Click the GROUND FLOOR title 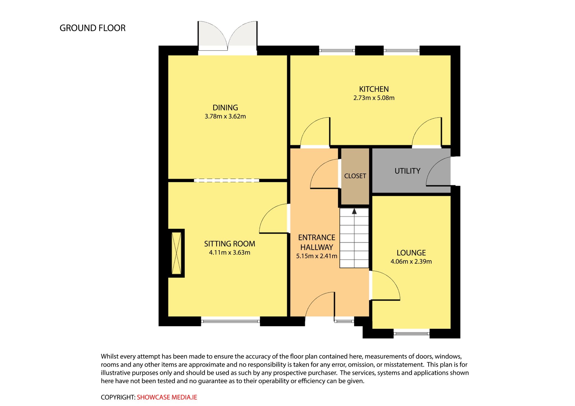pos(92,28)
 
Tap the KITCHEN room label pos(374,89)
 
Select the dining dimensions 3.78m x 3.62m pos(225,116)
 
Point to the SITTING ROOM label pos(230,244)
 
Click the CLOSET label pos(355,176)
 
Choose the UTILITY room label pos(407,171)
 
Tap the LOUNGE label pos(411,253)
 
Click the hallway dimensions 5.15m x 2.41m pos(317,256)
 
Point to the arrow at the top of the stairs pos(354,211)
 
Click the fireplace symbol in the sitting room pos(176,253)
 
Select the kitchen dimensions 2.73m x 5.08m pos(374,98)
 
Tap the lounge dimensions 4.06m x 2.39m pos(411,262)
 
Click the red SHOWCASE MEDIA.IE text pos(167,397)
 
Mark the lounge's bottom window pos(411,333)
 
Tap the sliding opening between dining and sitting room pos(227,181)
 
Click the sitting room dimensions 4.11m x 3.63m pos(230,253)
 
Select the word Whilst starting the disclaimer pos(110,356)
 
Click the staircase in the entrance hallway pos(354,238)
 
